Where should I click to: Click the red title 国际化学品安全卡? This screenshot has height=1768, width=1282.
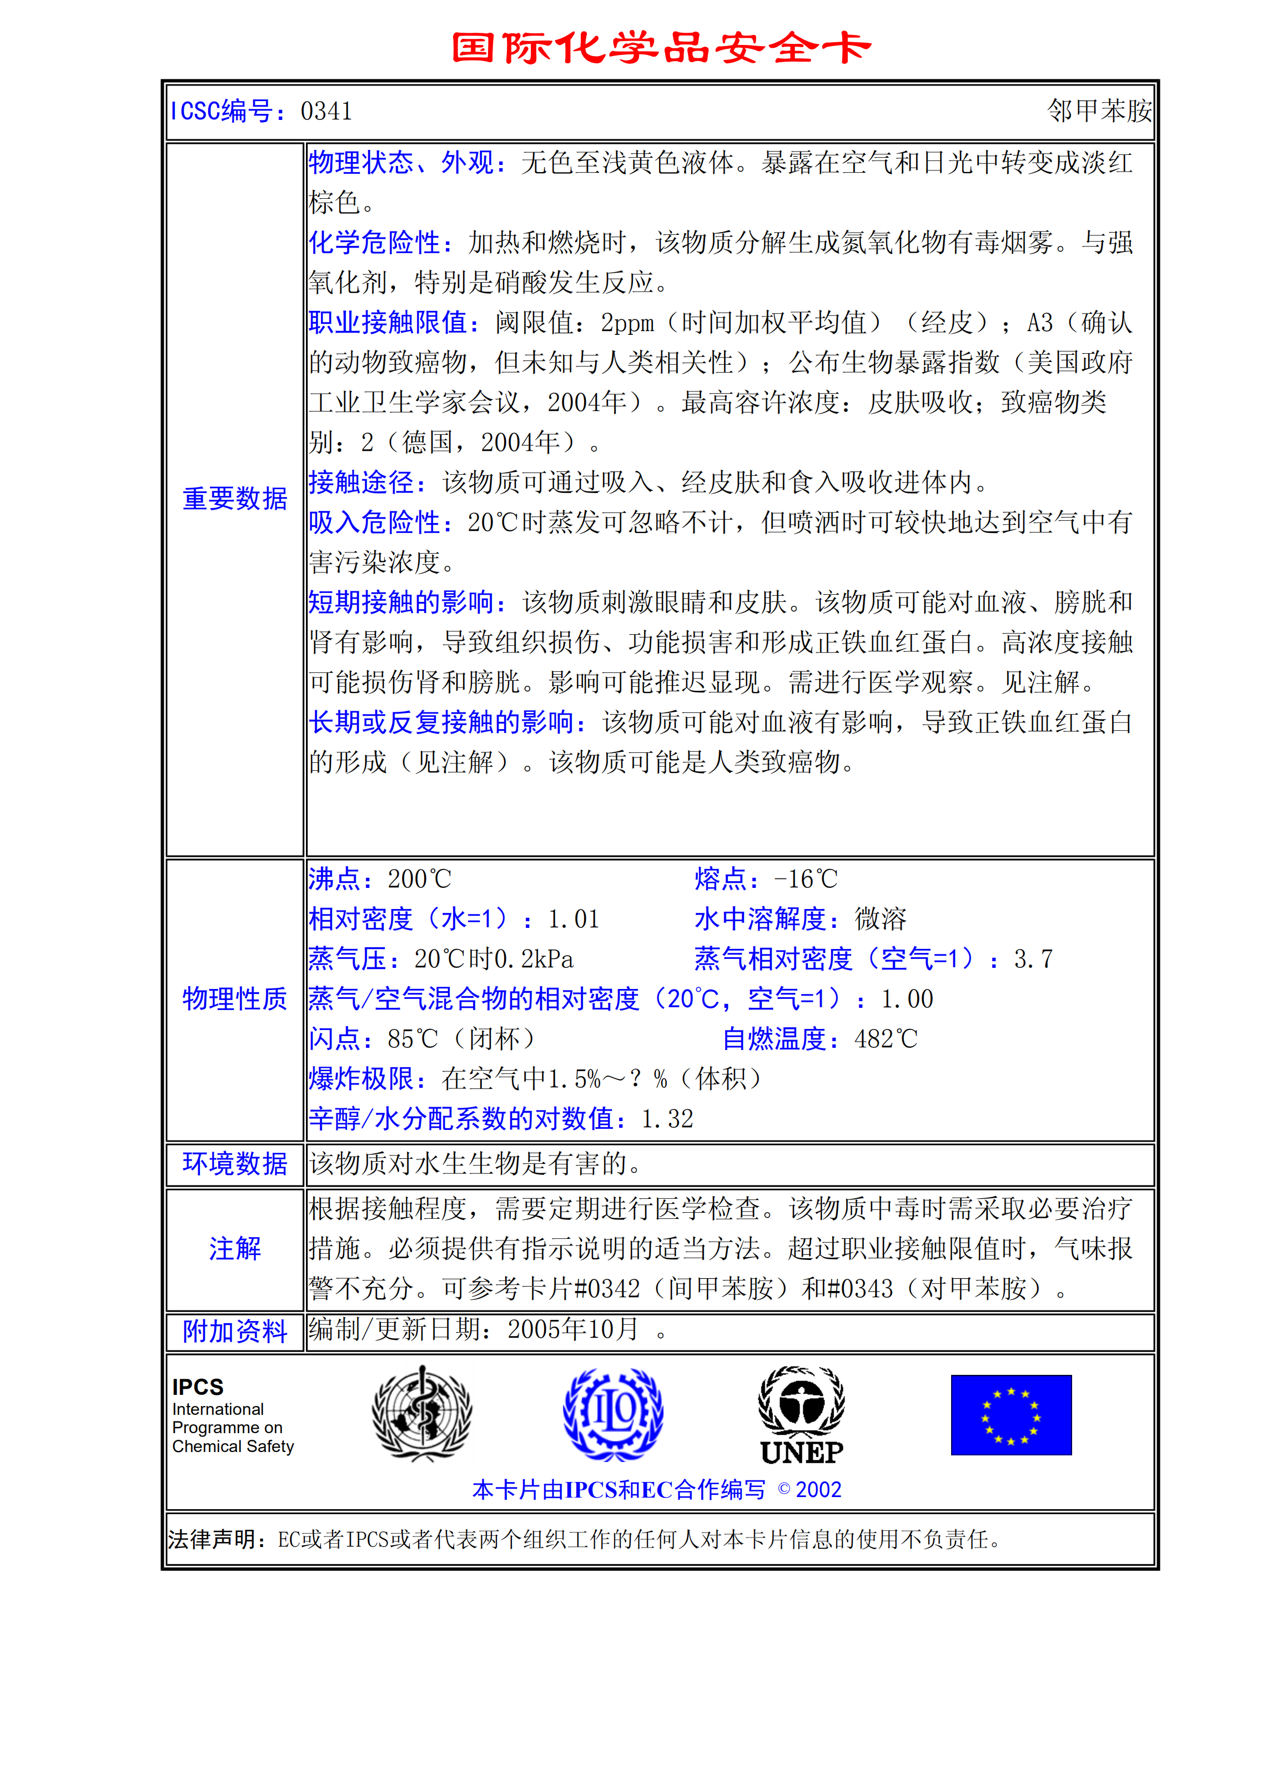coord(661,48)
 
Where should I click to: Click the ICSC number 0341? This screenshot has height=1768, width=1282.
coord(326,112)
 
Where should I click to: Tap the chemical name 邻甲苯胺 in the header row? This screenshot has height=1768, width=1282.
coord(1098,112)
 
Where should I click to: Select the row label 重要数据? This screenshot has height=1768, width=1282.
coord(234,499)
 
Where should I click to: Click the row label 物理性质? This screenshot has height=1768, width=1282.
coord(234,998)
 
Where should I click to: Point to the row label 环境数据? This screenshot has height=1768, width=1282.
coord(234,1164)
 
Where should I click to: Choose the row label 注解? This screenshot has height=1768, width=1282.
coord(234,1249)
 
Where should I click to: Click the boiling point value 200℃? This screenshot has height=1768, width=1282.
coord(419,880)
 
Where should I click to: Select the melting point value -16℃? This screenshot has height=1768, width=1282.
coord(805,880)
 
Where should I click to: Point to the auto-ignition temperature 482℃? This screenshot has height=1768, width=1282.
coord(886,1039)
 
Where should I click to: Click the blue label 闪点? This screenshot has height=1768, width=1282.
coord(334,1039)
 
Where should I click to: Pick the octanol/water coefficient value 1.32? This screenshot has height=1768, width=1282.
coord(667,1119)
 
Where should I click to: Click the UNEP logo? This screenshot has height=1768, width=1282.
coord(801,1415)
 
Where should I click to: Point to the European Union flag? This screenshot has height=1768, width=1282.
coord(1011,1415)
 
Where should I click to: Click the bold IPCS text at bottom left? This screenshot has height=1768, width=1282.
coord(198,1388)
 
